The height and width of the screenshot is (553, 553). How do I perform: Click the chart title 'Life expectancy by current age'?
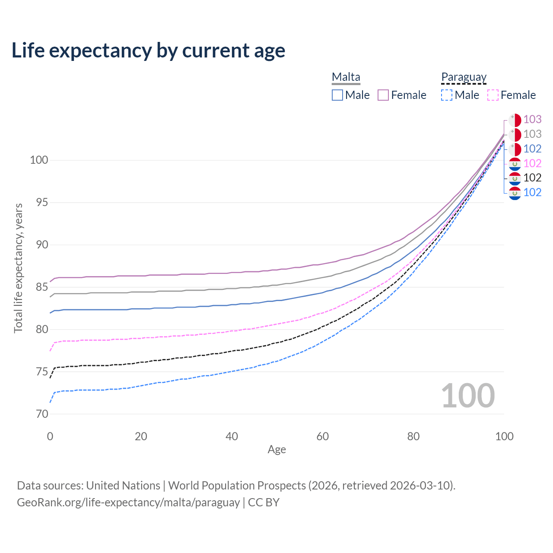tap(148, 51)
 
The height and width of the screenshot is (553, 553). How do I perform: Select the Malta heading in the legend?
tap(346, 77)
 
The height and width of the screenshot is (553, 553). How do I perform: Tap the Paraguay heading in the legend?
tap(464, 77)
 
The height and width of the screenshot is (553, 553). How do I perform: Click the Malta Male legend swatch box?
tap(337, 95)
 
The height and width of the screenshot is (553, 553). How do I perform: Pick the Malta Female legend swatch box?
tap(383, 95)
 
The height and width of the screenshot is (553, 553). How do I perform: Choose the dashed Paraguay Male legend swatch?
tap(447, 95)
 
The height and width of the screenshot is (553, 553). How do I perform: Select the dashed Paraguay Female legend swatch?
tap(493, 95)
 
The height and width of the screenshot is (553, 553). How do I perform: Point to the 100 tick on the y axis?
tap(39, 160)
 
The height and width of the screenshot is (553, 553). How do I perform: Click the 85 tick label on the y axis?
tap(39, 287)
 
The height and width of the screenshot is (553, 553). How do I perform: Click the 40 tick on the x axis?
tap(232, 436)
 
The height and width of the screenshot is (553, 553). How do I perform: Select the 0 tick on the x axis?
tap(50, 436)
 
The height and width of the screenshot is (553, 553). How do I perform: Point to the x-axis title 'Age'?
tap(276, 450)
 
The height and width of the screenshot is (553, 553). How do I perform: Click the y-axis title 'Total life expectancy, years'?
tap(18, 268)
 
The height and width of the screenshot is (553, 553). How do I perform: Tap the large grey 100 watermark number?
tap(468, 396)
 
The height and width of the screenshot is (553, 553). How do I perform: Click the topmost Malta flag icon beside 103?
tap(515, 120)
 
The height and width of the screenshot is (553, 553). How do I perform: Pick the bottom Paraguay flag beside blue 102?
tap(515, 193)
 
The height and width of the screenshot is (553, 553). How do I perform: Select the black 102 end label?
tap(532, 178)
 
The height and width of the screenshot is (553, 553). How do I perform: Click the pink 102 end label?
tap(532, 163)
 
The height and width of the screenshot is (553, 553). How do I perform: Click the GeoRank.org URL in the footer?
tap(128, 502)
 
